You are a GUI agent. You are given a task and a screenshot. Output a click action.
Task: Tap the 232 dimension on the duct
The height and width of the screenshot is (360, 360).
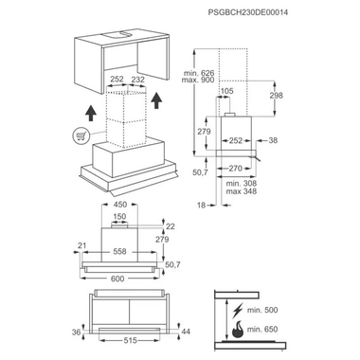139,81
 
